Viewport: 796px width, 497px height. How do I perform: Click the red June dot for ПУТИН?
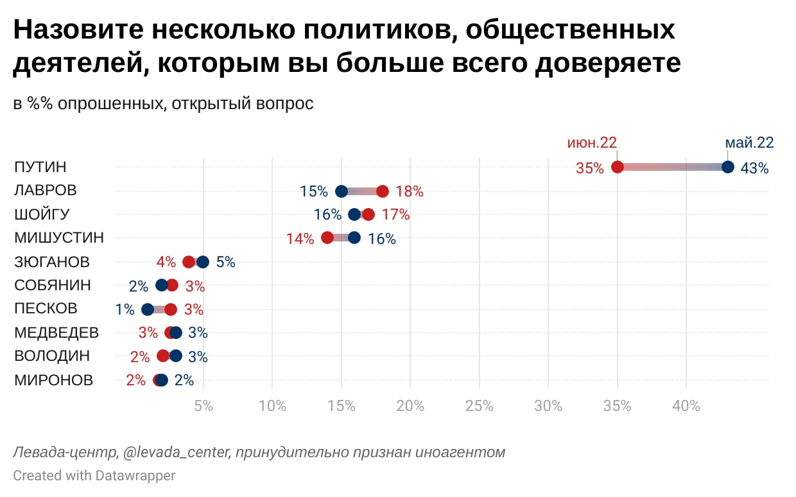[618, 167]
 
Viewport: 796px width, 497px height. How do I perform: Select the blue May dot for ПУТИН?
[727, 167]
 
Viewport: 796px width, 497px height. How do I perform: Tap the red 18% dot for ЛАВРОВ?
[383, 191]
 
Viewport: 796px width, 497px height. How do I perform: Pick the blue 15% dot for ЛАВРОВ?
[342, 191]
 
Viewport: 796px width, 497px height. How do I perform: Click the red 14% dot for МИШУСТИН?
[327, 238]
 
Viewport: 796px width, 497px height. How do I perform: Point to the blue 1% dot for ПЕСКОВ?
[148, 310]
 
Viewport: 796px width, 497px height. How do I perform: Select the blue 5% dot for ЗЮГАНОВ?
[203, 262]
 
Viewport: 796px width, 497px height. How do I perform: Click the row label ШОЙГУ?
[42, 214]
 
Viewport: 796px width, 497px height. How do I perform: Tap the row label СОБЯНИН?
[53, 285]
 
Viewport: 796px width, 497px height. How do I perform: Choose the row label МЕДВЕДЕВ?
[56, 333]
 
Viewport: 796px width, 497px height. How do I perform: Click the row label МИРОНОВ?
[53, 380]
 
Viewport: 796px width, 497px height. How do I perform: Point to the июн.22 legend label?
[591, 143]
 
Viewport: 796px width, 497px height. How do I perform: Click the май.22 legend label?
[749, 143]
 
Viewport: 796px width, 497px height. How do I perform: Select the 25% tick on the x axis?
[479, 406]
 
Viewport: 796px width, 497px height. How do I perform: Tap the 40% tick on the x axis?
[686, 406]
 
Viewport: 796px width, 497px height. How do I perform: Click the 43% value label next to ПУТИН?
[754, 168]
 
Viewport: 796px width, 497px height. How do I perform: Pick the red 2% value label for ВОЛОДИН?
[140, 357]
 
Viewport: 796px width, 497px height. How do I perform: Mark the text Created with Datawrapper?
[94, 476]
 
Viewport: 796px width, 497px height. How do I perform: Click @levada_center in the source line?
[177, 453]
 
